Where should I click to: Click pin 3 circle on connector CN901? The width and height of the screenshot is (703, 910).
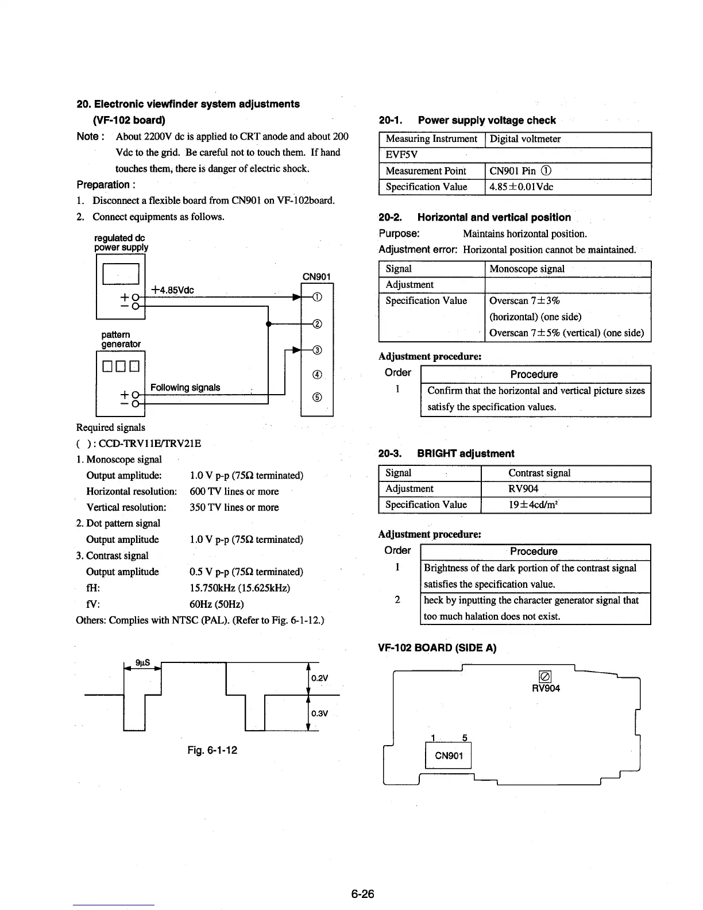[316, 350]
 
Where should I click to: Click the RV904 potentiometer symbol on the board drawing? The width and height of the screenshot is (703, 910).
[545, 676]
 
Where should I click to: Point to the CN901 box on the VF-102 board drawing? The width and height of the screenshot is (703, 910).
[448, 755]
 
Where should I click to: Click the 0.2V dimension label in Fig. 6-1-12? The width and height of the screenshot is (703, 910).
[319, 678]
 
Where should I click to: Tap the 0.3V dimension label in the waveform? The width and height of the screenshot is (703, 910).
[319, 714]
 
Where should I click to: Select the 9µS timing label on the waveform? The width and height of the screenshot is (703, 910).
[142, 662]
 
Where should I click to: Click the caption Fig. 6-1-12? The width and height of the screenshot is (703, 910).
[212, 750]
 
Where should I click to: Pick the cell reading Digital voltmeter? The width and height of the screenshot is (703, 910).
[525, 139]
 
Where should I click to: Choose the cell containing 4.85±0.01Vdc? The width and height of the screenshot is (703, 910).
[522, 187]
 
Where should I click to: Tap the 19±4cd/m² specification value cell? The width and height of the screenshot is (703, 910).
[523, 505]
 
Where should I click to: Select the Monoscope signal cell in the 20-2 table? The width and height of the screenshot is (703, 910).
[527, 269]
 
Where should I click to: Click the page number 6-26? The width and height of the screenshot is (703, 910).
[362, 894]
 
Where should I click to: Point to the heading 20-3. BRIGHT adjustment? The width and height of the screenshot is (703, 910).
[446, 453]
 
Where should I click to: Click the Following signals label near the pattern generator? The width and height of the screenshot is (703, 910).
[185, 388]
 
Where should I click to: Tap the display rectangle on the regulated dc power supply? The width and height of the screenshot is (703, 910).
[121, 274]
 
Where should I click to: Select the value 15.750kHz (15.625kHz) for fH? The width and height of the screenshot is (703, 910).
[240, 588]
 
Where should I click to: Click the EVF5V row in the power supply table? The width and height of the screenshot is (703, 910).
[402, 155]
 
